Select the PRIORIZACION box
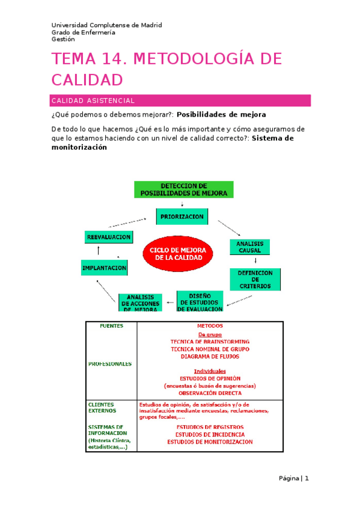(x=181, y=217)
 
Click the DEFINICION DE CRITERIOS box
(x=255, y=280)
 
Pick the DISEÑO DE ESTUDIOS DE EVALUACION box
(x=200, y=301)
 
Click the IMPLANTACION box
(x=104, y=268)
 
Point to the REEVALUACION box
(x=109, y=238)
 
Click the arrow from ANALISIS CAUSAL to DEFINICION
(x=256, y=262)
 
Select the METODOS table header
(x=209, y=326)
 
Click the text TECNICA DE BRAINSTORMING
(x=210, y=342)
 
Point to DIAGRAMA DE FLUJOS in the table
(x=210, y=356)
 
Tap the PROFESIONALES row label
(x=110, y=364)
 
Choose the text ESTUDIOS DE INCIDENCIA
(x=210, y=434)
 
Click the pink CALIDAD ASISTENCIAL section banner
(x=180, y=100)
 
